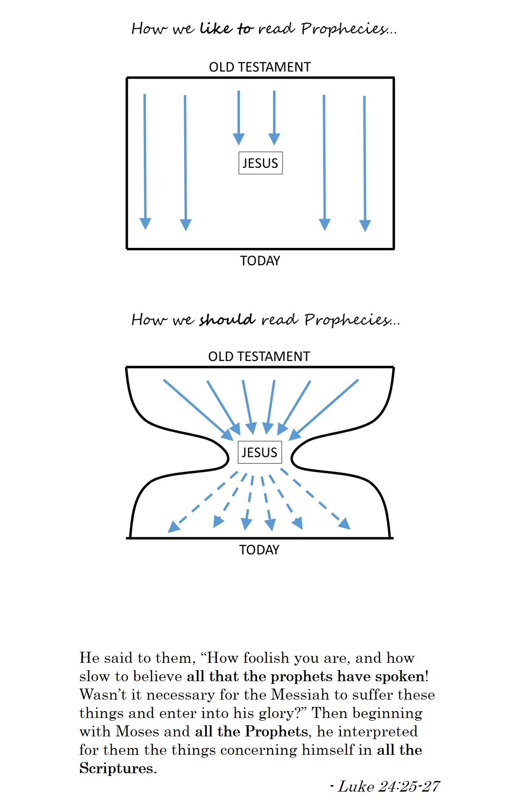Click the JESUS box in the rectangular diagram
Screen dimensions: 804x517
tap(260, 163)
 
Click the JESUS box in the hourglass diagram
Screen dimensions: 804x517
tap(259, 453)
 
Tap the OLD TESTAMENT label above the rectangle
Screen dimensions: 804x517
tap(260, 67)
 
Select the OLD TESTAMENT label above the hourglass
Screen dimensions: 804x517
tap(259, 356)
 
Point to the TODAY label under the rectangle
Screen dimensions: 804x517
tap(260, 261)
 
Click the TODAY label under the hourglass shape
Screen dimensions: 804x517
tap(259, 550)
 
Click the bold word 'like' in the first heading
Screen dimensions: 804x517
tap(216, 29)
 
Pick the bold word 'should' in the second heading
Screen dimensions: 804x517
tap(227, 319)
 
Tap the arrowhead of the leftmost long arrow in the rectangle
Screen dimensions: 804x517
tap(145, 224)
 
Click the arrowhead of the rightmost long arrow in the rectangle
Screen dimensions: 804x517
tap(365, 226)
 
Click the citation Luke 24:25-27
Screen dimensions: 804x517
tap(389, 787)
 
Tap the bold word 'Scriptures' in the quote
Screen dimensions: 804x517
tap(116, 768)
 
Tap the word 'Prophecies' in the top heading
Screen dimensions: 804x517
tap(345, 29)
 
